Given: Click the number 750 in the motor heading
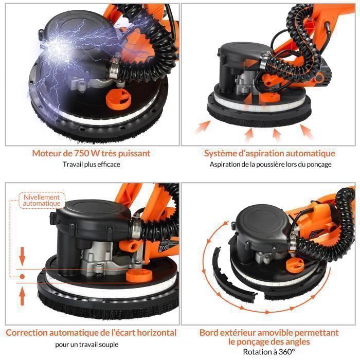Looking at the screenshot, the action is coord(81,153).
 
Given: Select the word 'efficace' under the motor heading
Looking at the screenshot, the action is coord(109,165).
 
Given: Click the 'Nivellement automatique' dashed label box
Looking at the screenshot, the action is coord(42,201).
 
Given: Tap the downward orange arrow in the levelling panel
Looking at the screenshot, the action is coord(22,256).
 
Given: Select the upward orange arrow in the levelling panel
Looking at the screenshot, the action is coord(22,297).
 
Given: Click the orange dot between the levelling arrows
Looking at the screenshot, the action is coord(22,277).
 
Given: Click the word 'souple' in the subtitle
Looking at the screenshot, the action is coord(109,345).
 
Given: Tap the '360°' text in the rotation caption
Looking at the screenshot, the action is coord(287,352).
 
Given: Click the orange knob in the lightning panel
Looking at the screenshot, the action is coord(118,99).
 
